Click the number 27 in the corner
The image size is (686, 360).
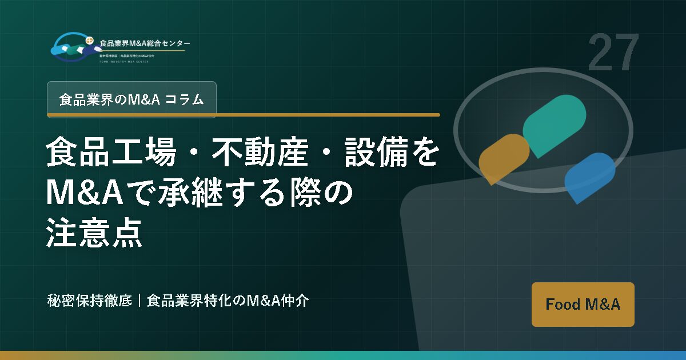[x=613, y=53]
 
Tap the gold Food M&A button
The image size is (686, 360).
[x=583, y=305]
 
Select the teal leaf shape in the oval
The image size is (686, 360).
[x=554, y=125]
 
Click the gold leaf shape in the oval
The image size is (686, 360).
[x=503, y=158]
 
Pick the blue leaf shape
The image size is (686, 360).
[x=589, y=177]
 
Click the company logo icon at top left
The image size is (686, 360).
[x=73, y=47]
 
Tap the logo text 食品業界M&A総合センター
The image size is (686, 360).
[x=145, y=43]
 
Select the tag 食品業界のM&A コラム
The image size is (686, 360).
[x=131, y=99]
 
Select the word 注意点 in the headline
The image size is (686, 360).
[x=94, y=234]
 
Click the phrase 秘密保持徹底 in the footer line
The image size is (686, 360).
[x=90, y=301]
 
